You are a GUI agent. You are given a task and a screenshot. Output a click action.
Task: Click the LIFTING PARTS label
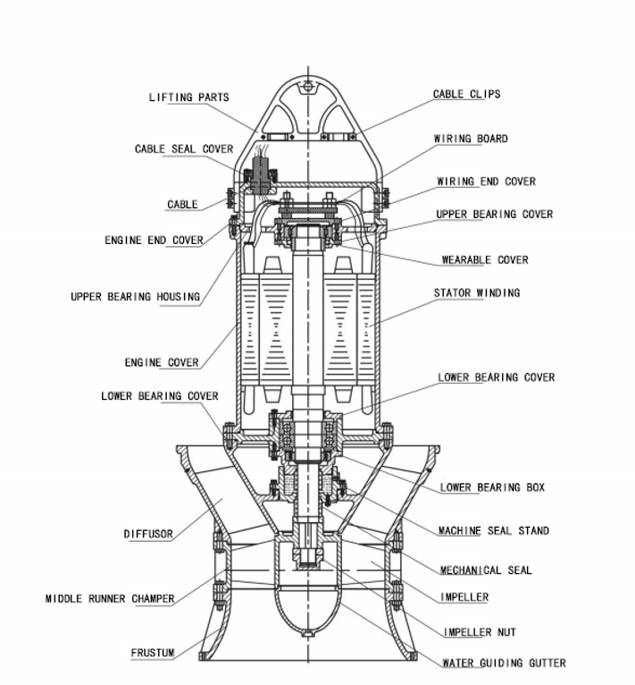click(188, 97)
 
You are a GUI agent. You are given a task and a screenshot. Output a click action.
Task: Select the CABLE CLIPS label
click(466, 94)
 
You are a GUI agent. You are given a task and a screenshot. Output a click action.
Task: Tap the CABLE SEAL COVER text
click(184, 149)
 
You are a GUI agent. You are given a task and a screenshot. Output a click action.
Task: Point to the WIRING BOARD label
click(471, 139)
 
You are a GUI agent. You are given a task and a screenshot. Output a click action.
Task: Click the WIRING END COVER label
click(486, 182)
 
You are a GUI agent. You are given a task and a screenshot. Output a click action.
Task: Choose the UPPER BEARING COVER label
click(494, 215)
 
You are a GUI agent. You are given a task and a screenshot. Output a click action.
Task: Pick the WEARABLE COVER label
click(485, 260)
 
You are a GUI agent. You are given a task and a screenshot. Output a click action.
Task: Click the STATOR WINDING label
click(477, 293)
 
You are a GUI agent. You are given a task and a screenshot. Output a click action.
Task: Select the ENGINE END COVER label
click(154, 241)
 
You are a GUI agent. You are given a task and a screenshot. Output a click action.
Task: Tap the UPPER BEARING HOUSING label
click(136, 297)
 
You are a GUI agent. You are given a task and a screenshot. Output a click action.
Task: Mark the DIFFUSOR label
click(148, 535)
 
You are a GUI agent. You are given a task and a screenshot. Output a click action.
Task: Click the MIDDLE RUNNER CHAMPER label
click(111, 598)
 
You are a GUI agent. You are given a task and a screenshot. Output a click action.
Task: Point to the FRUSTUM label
click(153, 654)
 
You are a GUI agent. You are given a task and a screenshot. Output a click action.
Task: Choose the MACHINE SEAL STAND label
click(493, 531)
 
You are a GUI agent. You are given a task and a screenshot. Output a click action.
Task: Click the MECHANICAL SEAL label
click(486, 571)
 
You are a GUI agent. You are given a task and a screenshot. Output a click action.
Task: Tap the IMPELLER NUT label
click(480, 633)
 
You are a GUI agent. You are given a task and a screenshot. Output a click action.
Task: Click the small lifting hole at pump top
click(309, 86)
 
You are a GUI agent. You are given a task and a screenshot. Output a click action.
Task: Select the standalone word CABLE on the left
click(182, 205)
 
